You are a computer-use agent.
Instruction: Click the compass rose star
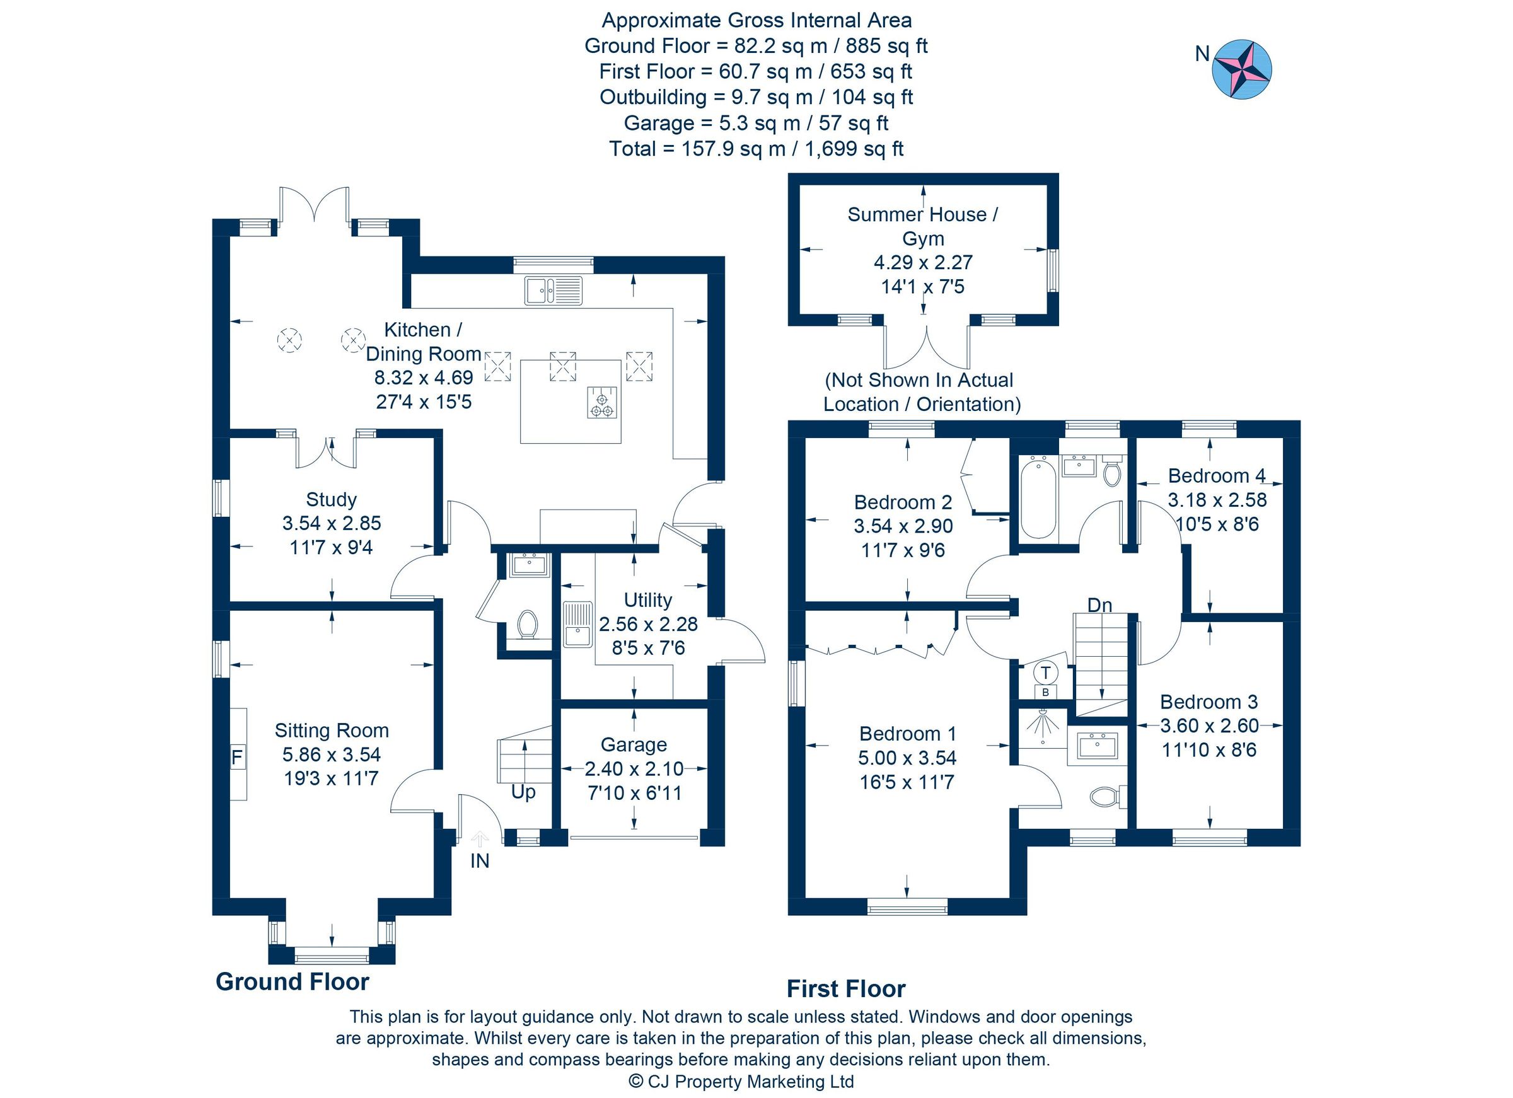pyautogui.click(x=1241, y=69)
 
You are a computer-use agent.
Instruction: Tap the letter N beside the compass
pyautogui.click(x=1202, y=54)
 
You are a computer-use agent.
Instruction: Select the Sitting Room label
pyautogui.click(x=332, y=731)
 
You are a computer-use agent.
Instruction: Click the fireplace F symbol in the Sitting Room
pyautogui.click(x=237, y=757)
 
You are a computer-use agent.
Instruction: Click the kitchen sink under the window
pyautogui.click(x=553, y=290)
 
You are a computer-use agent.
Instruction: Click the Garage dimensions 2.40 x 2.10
pyautogui.click(x=634, y=769)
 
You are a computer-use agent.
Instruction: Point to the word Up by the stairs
pyautogui.click(x=523, y=792)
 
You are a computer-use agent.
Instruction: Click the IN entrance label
pyautogui.click(x=480, y=860)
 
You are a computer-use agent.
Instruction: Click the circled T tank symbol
pyautogui.click(x=1045, y=672)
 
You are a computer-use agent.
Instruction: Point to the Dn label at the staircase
pyautogui.click(x=1099, y=605)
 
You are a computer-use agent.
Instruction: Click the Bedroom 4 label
pyautogui.click(x=1216, y=476)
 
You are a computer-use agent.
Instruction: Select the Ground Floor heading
pyautogui.click(x=292, y=981)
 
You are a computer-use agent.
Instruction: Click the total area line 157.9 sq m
pyautogui.click(x=756, y=148)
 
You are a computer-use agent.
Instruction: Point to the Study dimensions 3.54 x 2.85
pyautogui.click(x=332, y=523)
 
